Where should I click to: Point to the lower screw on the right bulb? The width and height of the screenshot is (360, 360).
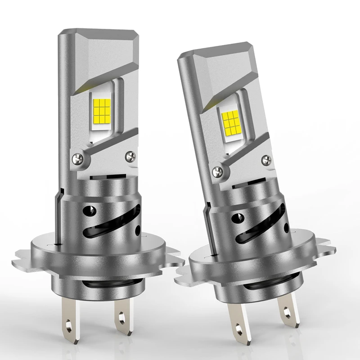218,171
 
